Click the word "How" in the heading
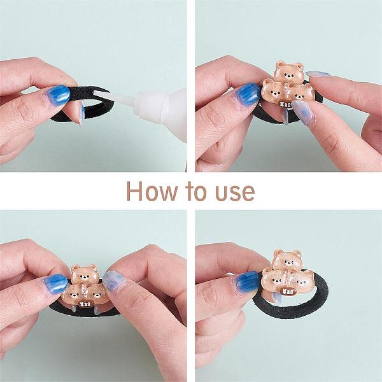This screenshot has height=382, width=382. [152, 191]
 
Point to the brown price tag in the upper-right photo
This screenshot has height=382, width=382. [285, 105]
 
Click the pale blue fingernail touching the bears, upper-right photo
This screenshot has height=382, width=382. [302, 112]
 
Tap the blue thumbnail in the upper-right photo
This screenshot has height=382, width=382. [248, 94]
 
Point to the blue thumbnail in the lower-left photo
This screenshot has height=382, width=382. [56, 283]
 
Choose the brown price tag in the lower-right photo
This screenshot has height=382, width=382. [288, 292]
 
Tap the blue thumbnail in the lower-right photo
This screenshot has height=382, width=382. [247, 281]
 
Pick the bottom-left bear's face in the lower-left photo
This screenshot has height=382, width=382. [73, 295]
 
